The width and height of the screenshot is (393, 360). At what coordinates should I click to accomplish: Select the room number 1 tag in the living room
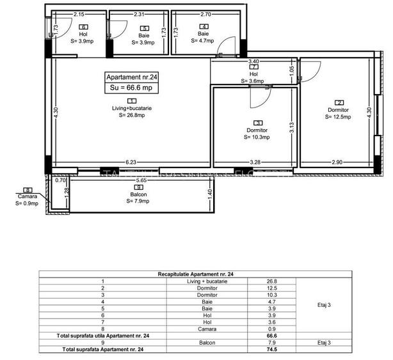coord(131,101)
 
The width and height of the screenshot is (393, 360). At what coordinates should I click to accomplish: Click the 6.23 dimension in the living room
coord(131,162)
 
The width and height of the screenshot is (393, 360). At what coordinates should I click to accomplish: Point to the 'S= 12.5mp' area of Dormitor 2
coord(339,116)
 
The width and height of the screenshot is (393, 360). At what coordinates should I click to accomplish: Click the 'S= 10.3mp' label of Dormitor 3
coord(258,137)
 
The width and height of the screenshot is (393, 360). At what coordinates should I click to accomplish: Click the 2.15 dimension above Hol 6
coord(79,13)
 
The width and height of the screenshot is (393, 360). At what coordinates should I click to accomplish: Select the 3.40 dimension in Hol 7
coord(253,61)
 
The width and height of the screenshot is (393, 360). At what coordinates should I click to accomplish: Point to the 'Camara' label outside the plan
coord(28,197)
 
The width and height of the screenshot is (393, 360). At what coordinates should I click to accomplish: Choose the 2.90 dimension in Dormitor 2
coord(338,162)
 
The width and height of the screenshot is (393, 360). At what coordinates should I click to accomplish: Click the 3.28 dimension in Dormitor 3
coord(255,162)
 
